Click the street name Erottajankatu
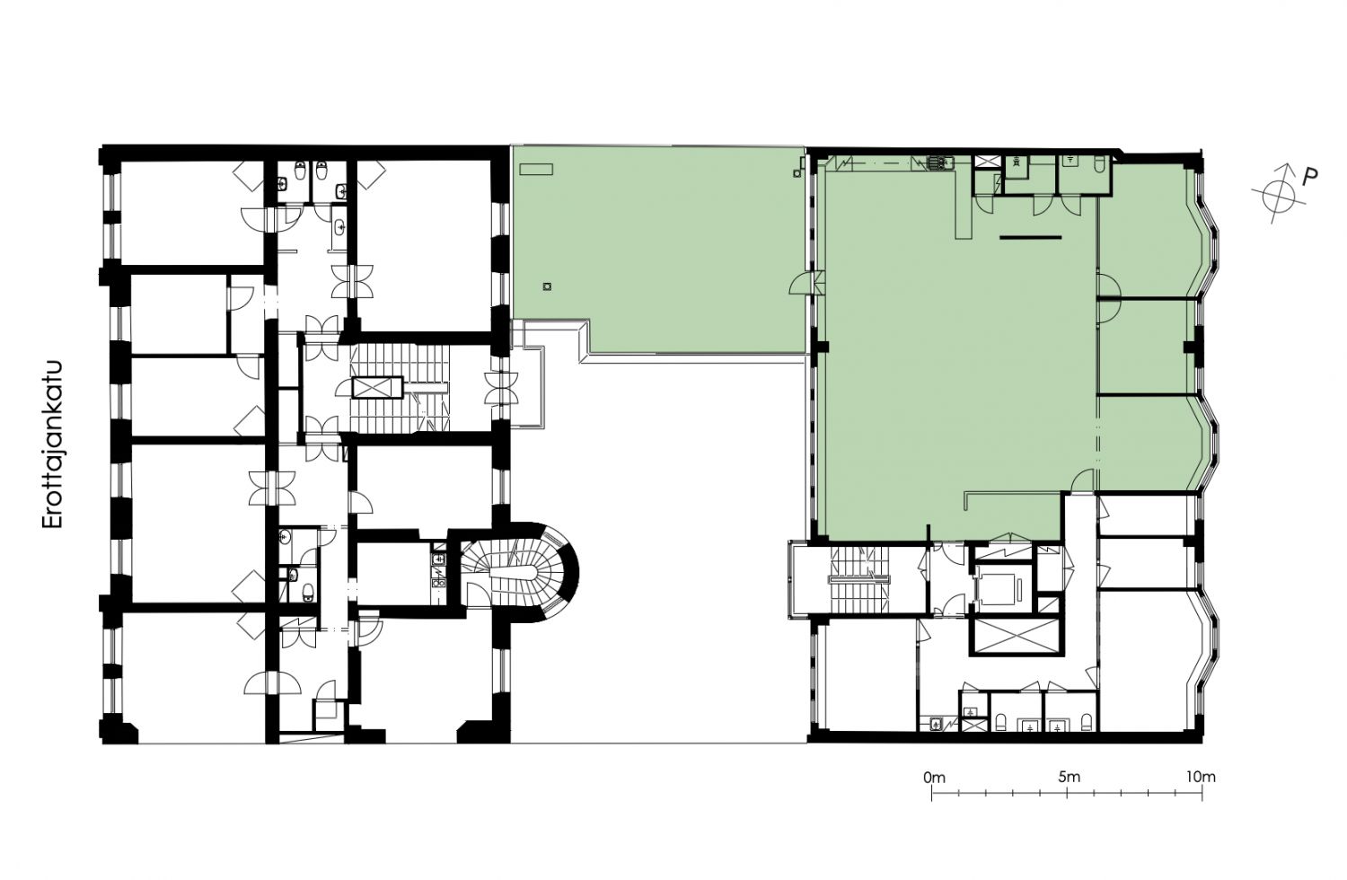pos(52,445)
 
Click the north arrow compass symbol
pos(1273,192)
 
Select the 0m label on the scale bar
pos(934,777)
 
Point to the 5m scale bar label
pos(1070,777)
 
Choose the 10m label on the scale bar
pos(1201,777)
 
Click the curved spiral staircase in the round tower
pos(517,572)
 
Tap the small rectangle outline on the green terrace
pos(536,170)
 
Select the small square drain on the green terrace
pos(547,287)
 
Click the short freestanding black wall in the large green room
pos(1031,238)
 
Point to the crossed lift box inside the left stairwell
pos(377,387)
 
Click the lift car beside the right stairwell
pos(1000,585)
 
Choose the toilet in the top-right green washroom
pos(1098,163)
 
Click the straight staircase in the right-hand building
pos(858,580)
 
